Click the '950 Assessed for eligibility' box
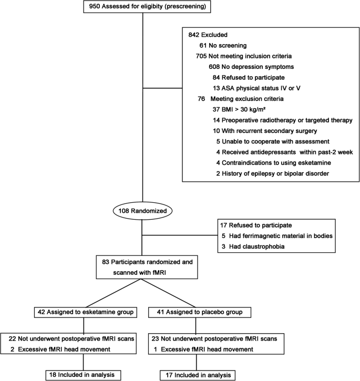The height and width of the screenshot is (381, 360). point(143,7)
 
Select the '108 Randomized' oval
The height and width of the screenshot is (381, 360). point(143,210)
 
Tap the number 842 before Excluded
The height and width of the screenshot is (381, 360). point(195,34)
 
